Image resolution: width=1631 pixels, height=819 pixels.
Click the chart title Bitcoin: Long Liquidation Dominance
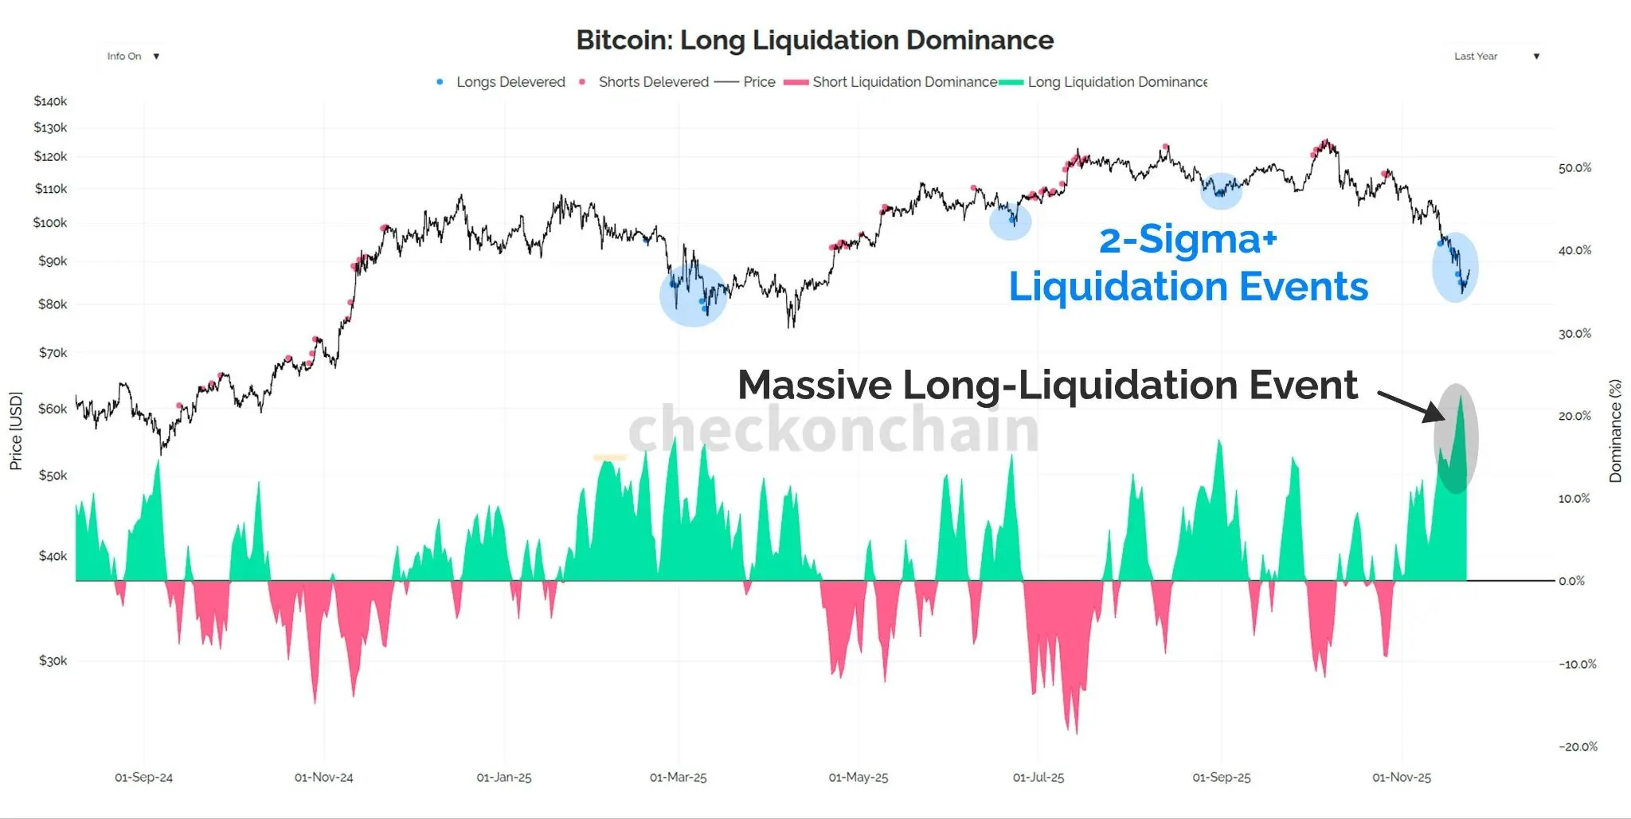[x=815, y=40]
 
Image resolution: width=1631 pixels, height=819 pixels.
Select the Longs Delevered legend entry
[x=510, y=82]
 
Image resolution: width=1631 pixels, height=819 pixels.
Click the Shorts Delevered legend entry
[x=653, y=82]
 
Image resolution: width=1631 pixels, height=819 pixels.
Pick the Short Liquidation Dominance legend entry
[x=904, y=82]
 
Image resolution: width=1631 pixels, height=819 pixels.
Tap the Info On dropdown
[x=133, y=57]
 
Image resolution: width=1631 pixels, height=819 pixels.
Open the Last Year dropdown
[x=1496, y=57]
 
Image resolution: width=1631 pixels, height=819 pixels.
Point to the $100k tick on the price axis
[x=50, y=223]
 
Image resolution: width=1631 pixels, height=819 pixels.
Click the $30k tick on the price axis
[x=53, y=660]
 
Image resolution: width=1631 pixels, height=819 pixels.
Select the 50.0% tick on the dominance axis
[x=1574, y=168]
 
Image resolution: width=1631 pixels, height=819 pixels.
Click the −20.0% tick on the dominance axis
[x=1578, y=747]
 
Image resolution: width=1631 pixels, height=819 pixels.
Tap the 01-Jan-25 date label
[x=504, y=778]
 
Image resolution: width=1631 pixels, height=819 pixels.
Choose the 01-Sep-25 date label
[x=1221, y=778]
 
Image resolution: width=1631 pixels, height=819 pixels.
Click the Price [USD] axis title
[x=16, y=430]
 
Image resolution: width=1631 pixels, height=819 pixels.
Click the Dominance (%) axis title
[x=1615, y=430]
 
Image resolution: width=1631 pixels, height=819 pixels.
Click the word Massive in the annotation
[x=814, y=385]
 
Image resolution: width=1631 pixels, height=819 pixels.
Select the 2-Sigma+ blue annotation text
[x=1187, y=239]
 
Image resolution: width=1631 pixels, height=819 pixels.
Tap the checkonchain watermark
[x=833, y=429]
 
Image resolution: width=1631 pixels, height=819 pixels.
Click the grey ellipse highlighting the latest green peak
[x=1456, y=438]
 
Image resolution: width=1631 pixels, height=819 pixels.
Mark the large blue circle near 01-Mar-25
[x=693, y=295]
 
